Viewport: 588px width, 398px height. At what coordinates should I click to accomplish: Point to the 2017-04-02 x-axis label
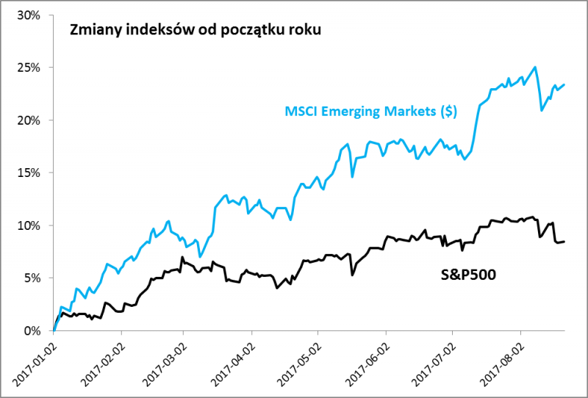[232, 362]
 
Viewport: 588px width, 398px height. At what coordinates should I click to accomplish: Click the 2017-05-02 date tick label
[298, 362]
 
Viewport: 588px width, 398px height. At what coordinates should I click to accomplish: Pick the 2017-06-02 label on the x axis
[366, 362]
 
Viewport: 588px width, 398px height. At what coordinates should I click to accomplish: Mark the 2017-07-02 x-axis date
[432, 362]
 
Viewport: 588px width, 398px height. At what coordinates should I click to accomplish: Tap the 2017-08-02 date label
[500, 362]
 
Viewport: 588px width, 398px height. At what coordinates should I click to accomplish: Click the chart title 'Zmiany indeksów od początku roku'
[195, 32]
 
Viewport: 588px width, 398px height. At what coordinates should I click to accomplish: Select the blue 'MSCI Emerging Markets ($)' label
[371, 112]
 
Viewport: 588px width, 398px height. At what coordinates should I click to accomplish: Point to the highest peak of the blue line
[534, 67]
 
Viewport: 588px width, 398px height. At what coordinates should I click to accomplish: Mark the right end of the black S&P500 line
[564, 242]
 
